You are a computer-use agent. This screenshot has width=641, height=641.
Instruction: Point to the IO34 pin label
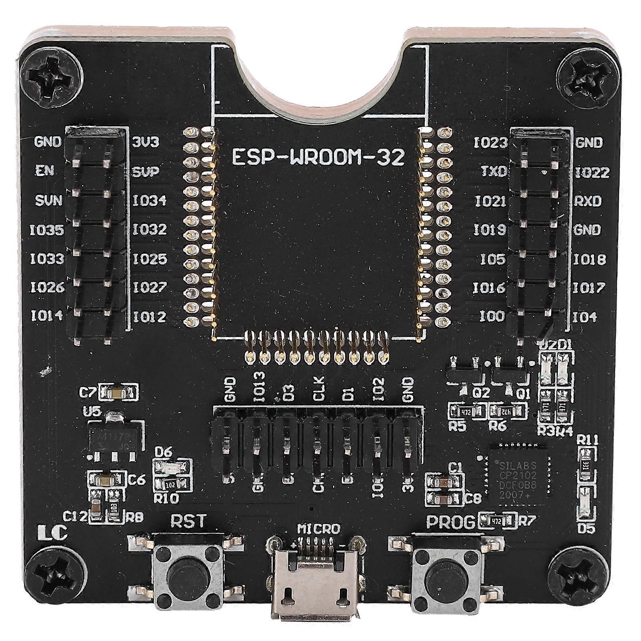coord(150,200)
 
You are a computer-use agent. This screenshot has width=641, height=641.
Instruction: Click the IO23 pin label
coord(490,143)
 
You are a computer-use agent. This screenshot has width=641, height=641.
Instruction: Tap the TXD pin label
coord(493,172)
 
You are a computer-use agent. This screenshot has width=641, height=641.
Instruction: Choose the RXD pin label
coord(588,201)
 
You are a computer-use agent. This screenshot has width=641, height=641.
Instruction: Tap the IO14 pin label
coord(47,316)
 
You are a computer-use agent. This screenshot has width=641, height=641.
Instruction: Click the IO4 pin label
coord(585,317)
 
